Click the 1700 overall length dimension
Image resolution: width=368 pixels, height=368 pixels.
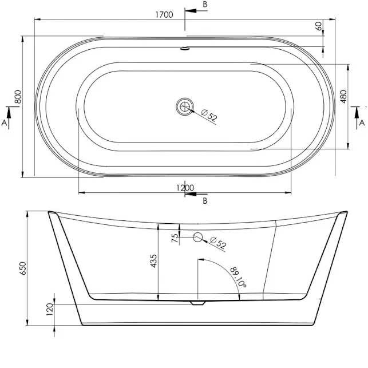[x=164, y=15]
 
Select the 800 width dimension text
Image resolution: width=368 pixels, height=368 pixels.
[x=18, y=97]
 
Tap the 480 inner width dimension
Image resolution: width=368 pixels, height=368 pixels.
[x=343, y=96]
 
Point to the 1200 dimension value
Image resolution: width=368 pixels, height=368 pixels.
[x=185, y=187]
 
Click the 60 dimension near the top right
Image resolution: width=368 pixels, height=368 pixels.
[x=318, y=26]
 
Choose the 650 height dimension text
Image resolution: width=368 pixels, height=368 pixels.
[x=23, y=269]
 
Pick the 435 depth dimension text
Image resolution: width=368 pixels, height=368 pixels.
[x=153, y=262]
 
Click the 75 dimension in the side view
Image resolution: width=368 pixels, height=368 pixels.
[x=173, y=238]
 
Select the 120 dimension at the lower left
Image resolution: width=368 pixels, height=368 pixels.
[x=50, y=310]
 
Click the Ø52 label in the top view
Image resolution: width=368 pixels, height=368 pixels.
[x=209, y=116]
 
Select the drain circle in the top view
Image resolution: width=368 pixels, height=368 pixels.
[x=184, y=106]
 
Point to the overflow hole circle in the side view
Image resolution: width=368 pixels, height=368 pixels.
[x=197, y=237]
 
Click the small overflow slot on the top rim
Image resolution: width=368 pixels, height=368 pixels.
[x=184, y=49]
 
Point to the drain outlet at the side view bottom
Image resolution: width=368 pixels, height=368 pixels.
[x=197, y=303]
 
